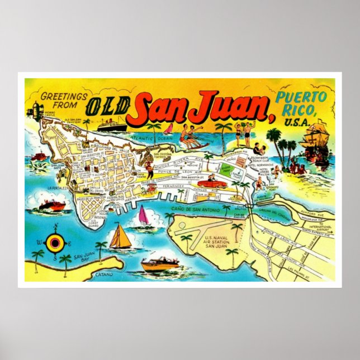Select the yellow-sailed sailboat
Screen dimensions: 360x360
tap(120, 237)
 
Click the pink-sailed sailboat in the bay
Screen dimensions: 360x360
tap(143, 217)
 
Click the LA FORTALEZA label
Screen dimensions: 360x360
tap(58, 188)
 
